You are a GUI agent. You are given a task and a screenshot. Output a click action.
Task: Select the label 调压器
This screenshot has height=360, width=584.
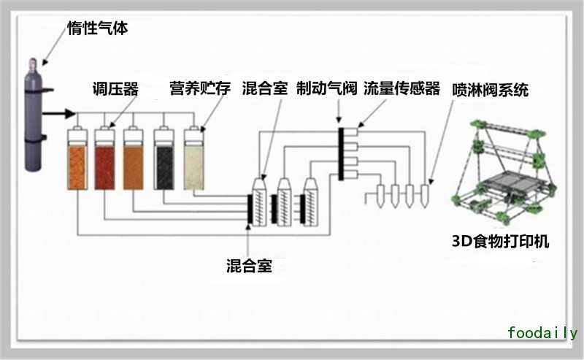pos(116,89)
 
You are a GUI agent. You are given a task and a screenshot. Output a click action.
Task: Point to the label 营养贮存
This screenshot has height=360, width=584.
pos(199,89)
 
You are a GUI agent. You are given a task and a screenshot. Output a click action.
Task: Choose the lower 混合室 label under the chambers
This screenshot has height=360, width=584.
pos(249,265)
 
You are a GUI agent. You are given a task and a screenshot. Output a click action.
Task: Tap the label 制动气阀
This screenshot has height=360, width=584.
pos(326,89)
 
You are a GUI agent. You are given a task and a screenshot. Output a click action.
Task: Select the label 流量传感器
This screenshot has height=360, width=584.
pos(401,89)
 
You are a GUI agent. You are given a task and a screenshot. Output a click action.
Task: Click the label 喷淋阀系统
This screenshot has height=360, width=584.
pos(491,90)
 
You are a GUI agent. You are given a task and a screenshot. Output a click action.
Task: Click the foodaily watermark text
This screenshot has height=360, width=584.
pos(542,333)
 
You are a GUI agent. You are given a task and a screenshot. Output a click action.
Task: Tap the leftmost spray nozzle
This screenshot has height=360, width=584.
pos(380,194)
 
